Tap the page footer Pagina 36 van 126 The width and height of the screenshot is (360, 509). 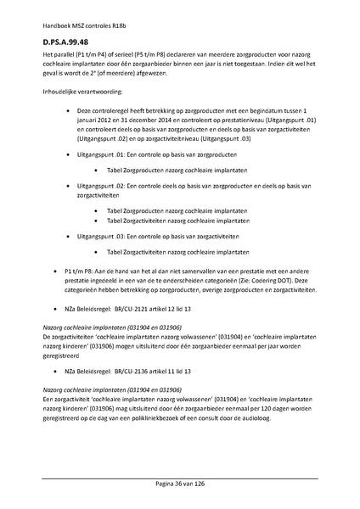(179, 483)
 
